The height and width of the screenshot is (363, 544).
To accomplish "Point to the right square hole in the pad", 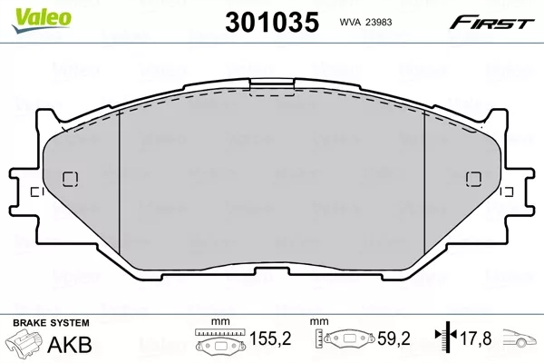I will point(471,178).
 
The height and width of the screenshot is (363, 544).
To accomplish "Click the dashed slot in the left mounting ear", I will point(34,192).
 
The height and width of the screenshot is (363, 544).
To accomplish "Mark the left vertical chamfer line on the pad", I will point(121,181).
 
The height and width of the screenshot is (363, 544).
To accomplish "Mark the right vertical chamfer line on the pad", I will point(425,181).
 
